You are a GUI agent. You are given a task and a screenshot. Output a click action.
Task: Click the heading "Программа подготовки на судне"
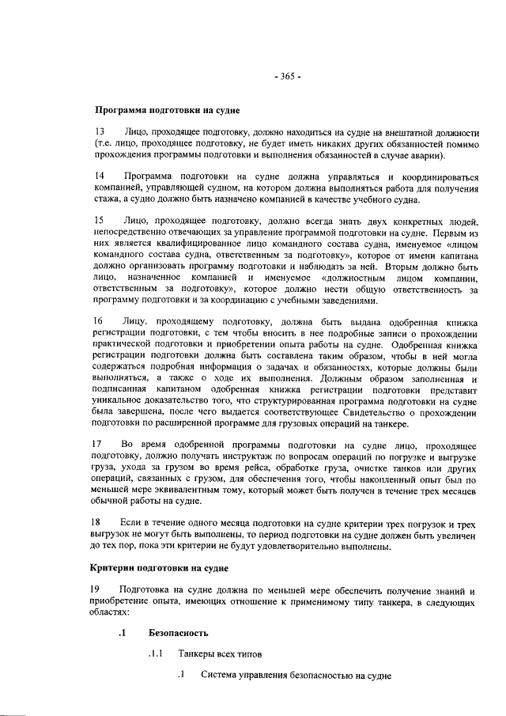point(168,109)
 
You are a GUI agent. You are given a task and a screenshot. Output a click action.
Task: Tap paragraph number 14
point(100,175)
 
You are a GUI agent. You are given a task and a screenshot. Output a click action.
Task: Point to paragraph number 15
point(100,219)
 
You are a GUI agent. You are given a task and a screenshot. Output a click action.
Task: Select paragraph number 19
point(100,590)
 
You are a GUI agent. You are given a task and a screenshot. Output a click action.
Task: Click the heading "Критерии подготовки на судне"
point(161,568)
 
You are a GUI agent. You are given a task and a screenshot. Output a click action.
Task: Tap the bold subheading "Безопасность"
point(178,633)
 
